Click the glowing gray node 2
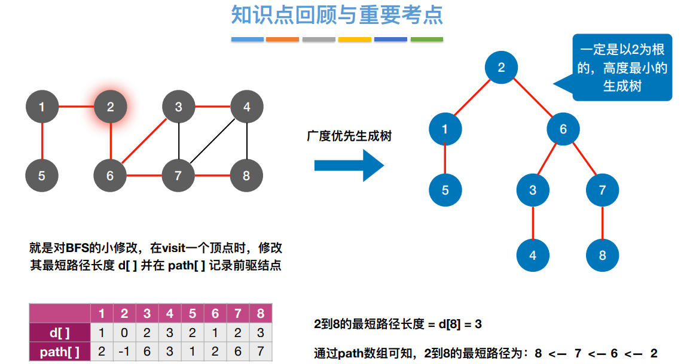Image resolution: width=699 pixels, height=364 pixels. click(x=110, y=107)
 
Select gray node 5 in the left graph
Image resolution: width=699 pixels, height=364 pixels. click(x=42, y=176)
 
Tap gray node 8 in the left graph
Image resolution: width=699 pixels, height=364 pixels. click(x=247, y=176)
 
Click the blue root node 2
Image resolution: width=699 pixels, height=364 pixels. click(x=501, y=67)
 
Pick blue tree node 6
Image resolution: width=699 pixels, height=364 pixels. click(x=563, y=128)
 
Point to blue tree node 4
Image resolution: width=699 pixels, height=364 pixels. click(x=533, y=256)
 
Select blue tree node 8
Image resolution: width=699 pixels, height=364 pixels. click(x=602, y=256)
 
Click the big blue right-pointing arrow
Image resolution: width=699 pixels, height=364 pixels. click(x=349, y=165)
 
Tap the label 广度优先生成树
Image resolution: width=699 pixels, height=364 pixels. click(x=349, y=136)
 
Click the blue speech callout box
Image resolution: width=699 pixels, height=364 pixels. click(x=622, y=67)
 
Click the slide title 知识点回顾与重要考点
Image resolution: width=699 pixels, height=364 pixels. click(x=337, y=16)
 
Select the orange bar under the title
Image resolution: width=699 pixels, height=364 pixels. click(x=282, y=40)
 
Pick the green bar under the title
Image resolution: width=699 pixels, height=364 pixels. click(x=426, y=40)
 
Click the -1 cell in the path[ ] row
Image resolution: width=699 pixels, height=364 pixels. click(x=124, y=352)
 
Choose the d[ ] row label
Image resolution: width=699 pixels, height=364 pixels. click(x=60, y=333)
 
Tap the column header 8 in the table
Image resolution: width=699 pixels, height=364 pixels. click(x=261, y=314)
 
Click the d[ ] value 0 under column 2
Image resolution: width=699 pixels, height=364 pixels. click(x=124, y=333)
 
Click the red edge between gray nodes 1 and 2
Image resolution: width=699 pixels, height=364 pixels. click(x=76, y=107)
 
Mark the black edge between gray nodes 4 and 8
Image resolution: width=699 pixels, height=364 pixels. click(x=247, y=142)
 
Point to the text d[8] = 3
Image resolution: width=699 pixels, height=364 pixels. click(x=461, y=324)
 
